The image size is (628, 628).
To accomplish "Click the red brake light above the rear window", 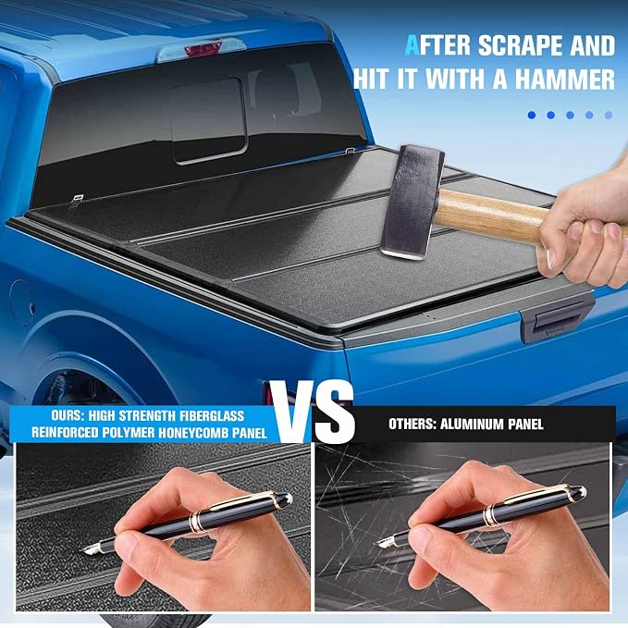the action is pyautogui.click(x=203, y=49).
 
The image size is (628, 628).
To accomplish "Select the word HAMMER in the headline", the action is pyautogui.click(x=565, y=79).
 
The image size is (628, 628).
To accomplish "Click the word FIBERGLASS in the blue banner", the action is pyautogui.click(x=212, y=415).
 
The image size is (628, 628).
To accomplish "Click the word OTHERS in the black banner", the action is pyautogui.click(x=413, y=425).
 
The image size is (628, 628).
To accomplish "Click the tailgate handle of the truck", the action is pyautogui.click(x=558, y=318).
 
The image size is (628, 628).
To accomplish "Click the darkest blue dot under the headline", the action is pyautogui.click(x=532, y=116).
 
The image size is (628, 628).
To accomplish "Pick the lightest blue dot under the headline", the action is pyautogui.click(x=609, y=116).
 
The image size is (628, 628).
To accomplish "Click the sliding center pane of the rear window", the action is pyautogui.click(x=209, y=121).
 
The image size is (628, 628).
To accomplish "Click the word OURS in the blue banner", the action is pyautogui.click(x=66, y=415).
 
